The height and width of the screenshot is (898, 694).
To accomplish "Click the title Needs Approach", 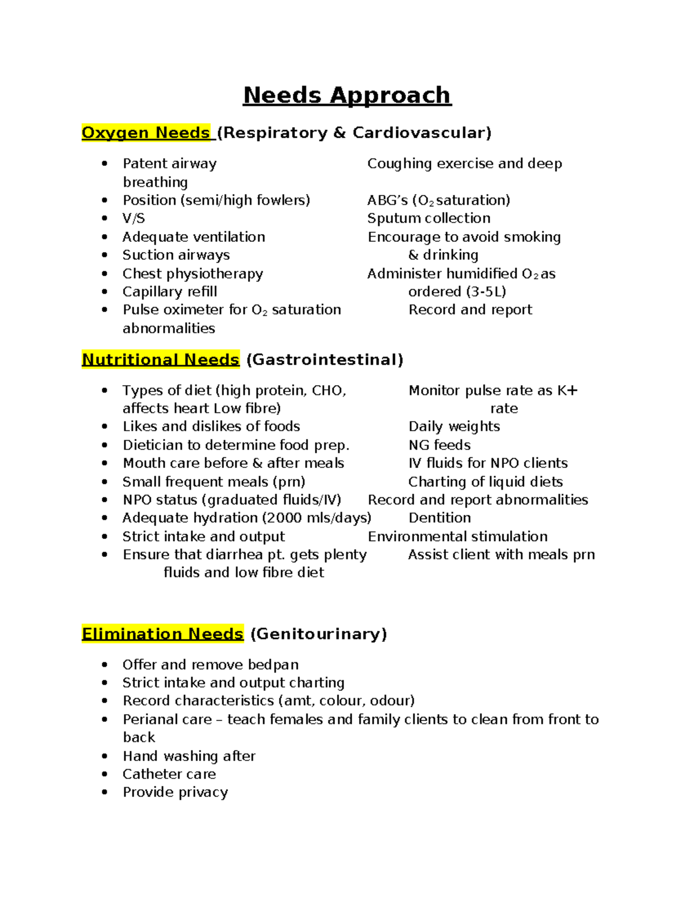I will pyautogui.click(x=346, y=95).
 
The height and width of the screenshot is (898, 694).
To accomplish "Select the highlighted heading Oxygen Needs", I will pyautogui.click(x=146, y=133).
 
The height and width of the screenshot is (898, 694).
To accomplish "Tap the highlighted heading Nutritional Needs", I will pyautogui.click(x=160, y=360).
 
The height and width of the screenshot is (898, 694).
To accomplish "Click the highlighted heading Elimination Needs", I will pyautogui.click(x=163, y=634).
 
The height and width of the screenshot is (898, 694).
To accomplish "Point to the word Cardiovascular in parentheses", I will pyautogui.click(x=422, y=133).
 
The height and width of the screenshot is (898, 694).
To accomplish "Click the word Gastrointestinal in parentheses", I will pyautogui.click(x=324, y=360).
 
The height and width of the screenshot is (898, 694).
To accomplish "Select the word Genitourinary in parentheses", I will pyautogui.click(x=319, y=634).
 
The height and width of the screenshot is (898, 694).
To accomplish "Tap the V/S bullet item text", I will pyautogui.click(x=134, y=219).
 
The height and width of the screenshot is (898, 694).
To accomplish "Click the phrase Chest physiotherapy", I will pyautogui.click(x=193, y=274).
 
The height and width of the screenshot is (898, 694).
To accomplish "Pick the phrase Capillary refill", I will pyautogui.click(x=169, y=291).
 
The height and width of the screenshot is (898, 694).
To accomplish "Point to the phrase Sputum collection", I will pyautogui.click(x=429, y=219).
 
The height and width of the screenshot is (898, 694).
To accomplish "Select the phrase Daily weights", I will pyautogui.click(x=454, y=427).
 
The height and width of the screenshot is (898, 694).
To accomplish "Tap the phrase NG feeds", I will pyautogui.click(x=440, y=445).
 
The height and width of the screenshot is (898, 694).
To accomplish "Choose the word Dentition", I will pyautogui.click(x=440, y=518).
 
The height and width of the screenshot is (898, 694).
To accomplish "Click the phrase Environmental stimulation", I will pyautogui.click(x=457, y=537).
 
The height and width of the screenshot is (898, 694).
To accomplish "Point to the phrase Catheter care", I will pyautogui.click(x=169, y=774).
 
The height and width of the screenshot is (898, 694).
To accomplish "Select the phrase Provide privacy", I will pyautogui.click(x=175, y=792).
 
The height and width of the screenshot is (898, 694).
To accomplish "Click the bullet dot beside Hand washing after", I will pyautogui.click(x=105, y=756).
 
